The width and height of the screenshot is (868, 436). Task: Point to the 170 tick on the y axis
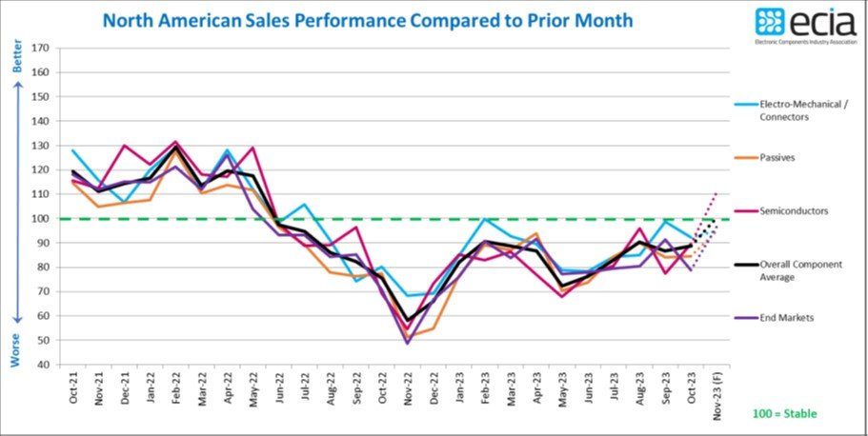click(39, 48)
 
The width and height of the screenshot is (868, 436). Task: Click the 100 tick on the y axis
click(39, 218)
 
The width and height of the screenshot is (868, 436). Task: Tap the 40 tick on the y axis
click(41, 365)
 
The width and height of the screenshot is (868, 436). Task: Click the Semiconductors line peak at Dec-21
click(125, 146)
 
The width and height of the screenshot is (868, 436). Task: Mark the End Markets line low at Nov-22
click(408, 343)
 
